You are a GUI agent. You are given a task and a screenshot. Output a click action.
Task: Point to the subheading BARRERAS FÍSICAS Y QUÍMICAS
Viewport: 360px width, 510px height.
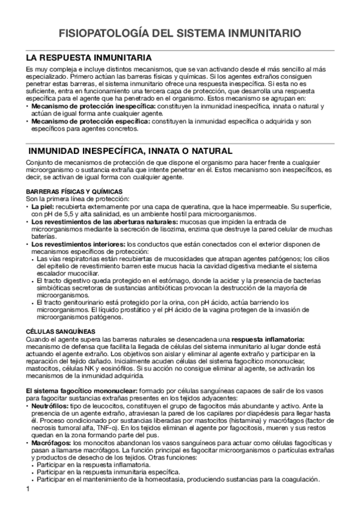(x=67, y=191)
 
